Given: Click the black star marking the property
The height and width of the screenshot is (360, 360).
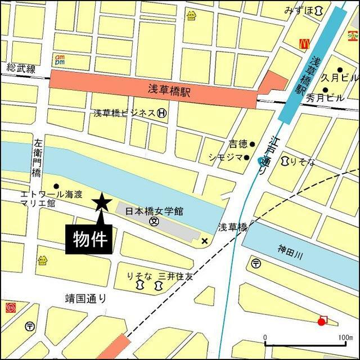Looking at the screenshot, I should coord(102,201).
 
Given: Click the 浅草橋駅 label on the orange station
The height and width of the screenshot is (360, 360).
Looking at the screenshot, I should coord(169,91).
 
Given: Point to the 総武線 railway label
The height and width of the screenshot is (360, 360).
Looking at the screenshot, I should coord(21,69).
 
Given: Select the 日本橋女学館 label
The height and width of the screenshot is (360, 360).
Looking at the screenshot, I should coord(154,211).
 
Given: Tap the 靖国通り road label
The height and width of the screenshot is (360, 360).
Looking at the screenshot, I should coord(85,298).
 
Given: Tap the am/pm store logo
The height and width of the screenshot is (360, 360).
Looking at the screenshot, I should coord(60,59).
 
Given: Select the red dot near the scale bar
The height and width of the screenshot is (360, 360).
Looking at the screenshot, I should coord(321,322).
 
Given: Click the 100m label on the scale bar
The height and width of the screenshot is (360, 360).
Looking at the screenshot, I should coord(341,337).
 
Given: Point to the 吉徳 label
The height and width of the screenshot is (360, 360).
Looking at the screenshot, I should coord(238,144).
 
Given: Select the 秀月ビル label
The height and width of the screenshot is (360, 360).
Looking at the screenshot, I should coord(325,98).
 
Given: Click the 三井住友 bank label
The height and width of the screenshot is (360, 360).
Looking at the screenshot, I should coord(175,276).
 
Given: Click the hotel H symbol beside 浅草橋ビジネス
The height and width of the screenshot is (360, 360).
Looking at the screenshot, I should coord(162,113).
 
